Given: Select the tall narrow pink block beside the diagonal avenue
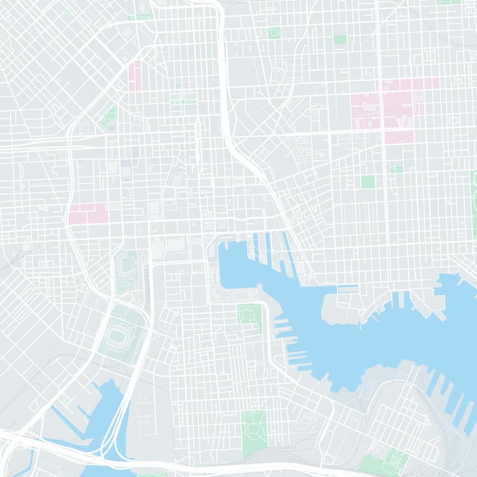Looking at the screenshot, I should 135,76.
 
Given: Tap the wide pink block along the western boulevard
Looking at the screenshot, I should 88,213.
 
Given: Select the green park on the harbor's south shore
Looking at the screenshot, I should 249,314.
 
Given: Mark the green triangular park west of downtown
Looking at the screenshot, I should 110,116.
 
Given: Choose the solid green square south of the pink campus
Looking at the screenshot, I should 368,181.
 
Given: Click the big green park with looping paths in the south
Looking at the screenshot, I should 255,432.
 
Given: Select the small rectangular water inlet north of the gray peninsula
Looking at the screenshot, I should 347,289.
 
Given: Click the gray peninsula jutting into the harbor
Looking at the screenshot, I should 337,307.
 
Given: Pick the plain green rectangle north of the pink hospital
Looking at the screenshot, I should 340,39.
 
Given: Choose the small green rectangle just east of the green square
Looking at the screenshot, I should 397,169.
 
